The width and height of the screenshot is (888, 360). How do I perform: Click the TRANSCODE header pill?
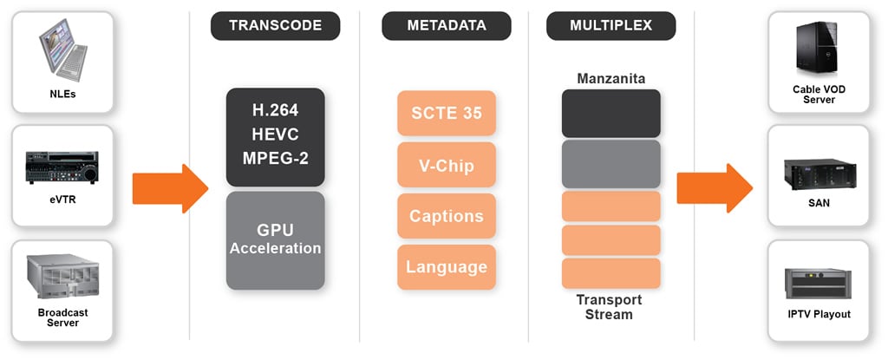275,25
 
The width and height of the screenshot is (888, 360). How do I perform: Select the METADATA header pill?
447,25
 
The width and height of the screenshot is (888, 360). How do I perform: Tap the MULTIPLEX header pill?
611,25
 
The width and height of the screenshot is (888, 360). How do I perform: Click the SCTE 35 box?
447,114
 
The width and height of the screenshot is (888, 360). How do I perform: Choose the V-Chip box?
447,165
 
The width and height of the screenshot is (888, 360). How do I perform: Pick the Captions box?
447,216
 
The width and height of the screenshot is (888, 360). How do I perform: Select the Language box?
447,267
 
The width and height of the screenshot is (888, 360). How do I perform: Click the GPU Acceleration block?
275,240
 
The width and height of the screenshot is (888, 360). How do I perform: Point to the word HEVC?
275,134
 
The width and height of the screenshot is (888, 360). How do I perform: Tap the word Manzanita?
611,78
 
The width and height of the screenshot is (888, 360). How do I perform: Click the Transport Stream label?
610,307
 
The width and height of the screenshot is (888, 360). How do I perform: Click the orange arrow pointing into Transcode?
171,189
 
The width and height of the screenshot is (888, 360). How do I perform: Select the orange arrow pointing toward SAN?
715,189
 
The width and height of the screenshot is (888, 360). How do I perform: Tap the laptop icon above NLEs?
62,49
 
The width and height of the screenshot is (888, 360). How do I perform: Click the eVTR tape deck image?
62,167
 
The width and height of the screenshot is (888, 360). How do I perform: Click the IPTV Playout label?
819,314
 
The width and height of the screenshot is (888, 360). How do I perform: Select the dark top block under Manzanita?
611,114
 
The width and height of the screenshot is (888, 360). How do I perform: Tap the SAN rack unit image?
819,175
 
